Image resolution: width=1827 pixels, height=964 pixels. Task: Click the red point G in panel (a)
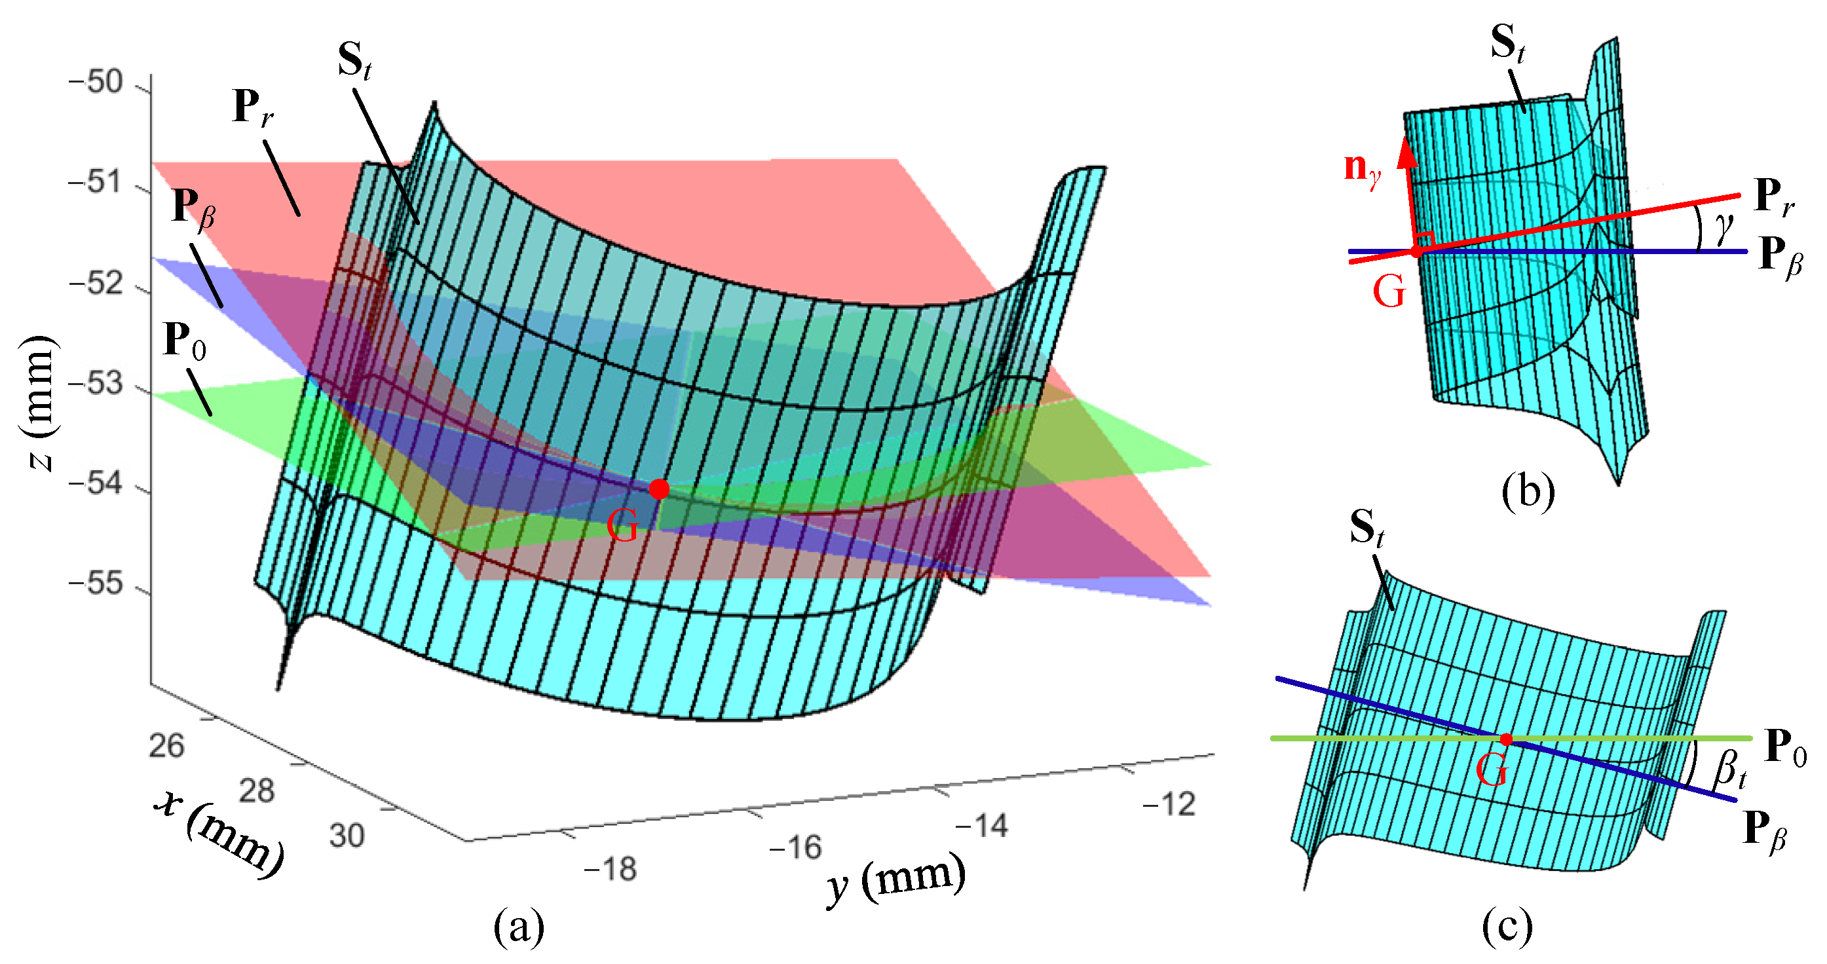659,489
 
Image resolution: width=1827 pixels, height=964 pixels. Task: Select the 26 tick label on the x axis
166,746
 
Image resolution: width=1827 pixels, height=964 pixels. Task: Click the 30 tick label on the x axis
347,835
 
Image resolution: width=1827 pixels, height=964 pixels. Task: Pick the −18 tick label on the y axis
611,868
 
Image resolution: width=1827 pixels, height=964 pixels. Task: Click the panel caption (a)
519,927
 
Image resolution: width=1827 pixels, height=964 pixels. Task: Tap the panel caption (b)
1528,491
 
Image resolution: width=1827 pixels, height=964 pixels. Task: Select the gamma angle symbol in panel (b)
1723,227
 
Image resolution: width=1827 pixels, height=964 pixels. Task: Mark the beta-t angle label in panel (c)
1729,769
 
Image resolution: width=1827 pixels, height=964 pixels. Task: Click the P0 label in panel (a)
184,341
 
